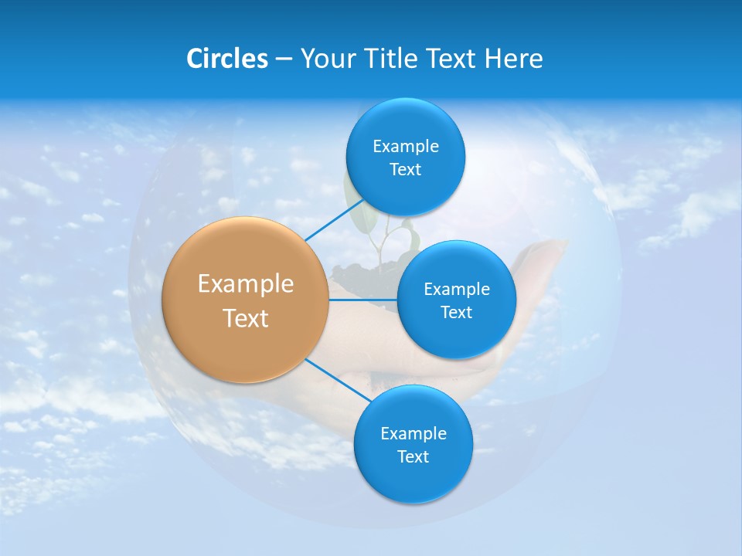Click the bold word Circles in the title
[226, 59]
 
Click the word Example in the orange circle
[246, 284]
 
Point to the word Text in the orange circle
[246, 318]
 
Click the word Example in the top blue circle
[405, 146]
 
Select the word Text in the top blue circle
[405, 170]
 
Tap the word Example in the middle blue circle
[456, 289]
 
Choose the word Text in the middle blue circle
[456, 312]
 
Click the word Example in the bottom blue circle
[413, 433]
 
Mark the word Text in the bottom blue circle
[413, 456]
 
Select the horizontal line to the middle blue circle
[363, 300]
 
